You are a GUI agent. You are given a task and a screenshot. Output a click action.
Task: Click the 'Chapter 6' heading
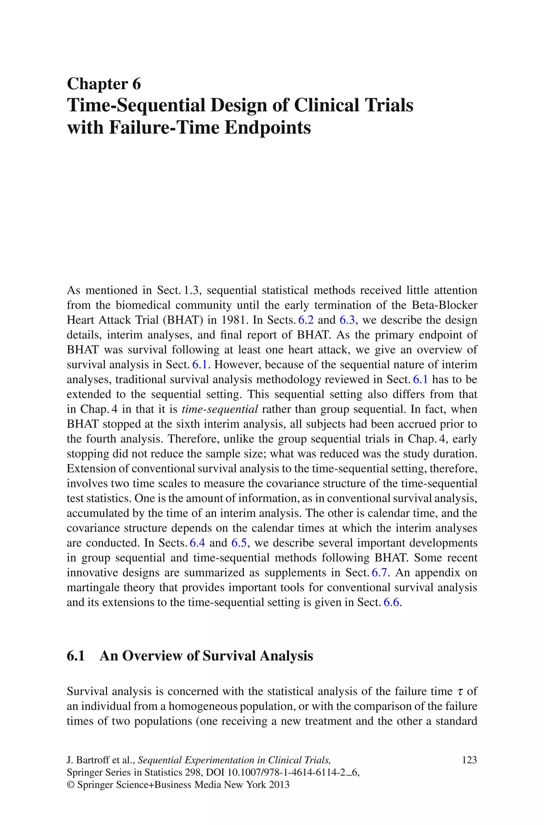(104, 84)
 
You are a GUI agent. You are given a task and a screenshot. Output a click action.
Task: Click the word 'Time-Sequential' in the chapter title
(136, 105)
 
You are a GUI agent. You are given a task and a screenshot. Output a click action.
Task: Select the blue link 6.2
(306, 320)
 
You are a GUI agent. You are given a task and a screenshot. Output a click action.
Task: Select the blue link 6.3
(347, 320)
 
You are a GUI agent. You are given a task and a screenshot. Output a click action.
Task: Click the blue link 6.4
(197, 543)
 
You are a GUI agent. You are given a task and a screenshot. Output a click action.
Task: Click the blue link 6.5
(239, 543)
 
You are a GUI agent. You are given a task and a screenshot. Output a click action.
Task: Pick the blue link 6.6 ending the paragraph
(391, 602)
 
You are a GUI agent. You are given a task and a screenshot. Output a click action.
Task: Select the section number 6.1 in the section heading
(76, 656)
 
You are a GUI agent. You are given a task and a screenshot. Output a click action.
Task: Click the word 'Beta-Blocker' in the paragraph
(444, 305)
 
